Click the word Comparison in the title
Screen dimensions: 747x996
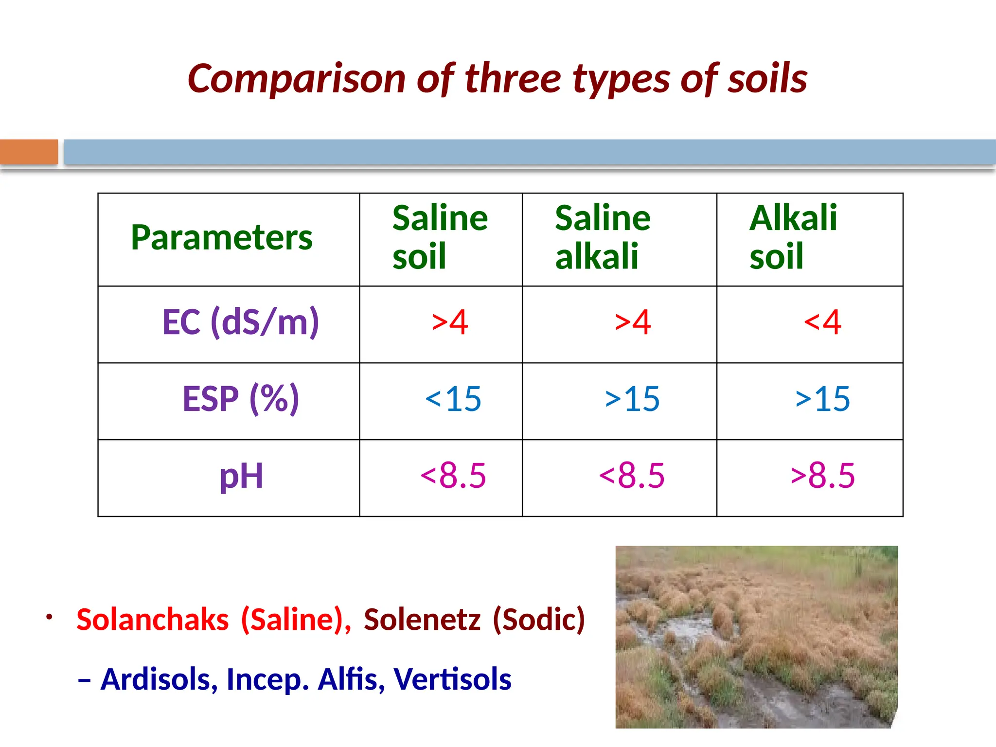(x=296, y=79)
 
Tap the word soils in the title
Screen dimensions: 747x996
(x=767, y=79)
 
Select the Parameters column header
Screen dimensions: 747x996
(x=222, y=238)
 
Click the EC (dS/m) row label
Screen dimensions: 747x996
(x=241, y=322)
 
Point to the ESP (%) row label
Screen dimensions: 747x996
(x=241, y=399)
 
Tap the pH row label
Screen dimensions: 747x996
(x=241, y=476)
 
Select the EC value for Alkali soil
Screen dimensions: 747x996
(x=822, y=322)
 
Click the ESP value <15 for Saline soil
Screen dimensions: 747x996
(x=453, y=399)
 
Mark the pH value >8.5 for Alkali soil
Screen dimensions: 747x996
(x=822, y=476)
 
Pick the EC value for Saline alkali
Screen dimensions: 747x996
(x=633, y=322)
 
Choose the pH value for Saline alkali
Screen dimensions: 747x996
(x=632, y=476)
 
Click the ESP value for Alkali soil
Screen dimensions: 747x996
(x=822, y=399)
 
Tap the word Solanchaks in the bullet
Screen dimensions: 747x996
(x=153, y=620)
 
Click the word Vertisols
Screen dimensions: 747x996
(x=452, y=679)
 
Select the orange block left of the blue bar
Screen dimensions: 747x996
(x=29, y=152)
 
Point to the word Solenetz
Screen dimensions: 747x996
(x=422, y=620)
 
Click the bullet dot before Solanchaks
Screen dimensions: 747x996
(x=49, y=617)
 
